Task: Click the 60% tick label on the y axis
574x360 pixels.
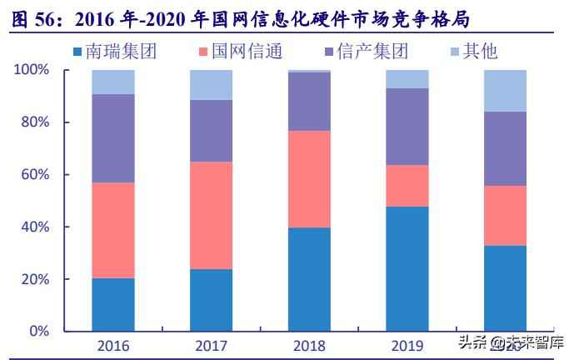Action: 36,175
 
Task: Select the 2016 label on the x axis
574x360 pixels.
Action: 113,345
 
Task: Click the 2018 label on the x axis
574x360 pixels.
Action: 309,345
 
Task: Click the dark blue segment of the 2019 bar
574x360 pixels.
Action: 407,268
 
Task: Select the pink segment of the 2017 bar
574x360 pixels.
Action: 211,215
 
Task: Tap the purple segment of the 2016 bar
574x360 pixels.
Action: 113,138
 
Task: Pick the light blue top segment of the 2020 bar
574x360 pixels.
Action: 506,91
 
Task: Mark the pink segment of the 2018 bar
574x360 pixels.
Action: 309,179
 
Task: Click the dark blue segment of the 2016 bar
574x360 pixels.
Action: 113,304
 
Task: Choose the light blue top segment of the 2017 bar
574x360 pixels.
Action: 211,85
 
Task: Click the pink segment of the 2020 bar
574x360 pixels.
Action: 506,215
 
